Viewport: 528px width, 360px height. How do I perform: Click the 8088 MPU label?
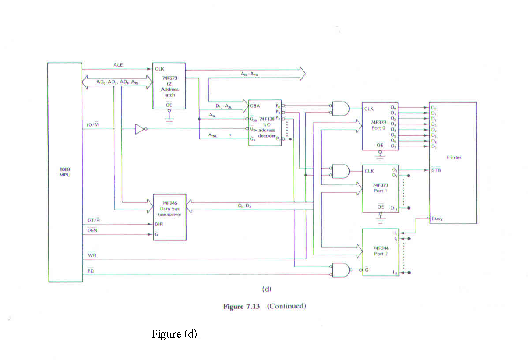coord(64,172)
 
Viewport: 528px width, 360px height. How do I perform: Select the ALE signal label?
coord(118,65)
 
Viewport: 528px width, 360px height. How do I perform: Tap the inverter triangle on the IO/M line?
coord(139,129)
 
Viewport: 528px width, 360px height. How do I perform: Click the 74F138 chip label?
coord(267,119)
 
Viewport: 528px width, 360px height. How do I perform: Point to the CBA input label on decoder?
coord(255,106)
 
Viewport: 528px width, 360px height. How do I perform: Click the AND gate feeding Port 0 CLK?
coord(340,109)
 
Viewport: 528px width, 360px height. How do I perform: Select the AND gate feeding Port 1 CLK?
coord(340,171)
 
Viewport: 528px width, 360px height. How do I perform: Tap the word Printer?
coord(453,157)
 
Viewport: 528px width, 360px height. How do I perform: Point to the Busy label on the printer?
coord(437,218)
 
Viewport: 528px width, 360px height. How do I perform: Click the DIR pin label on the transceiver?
coord(158,224)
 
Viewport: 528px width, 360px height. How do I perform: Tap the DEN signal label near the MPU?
coord(92,230)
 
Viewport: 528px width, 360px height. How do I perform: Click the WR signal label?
coord(91,255)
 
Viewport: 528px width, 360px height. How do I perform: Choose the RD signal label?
coord(91,271)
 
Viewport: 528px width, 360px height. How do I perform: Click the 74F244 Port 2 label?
coord(380,251)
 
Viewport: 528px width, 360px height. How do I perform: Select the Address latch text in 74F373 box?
coord(170,92)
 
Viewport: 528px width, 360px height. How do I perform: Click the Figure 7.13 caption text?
coord(264,306)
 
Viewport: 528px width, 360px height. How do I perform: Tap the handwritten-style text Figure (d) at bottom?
coord(174,334)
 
